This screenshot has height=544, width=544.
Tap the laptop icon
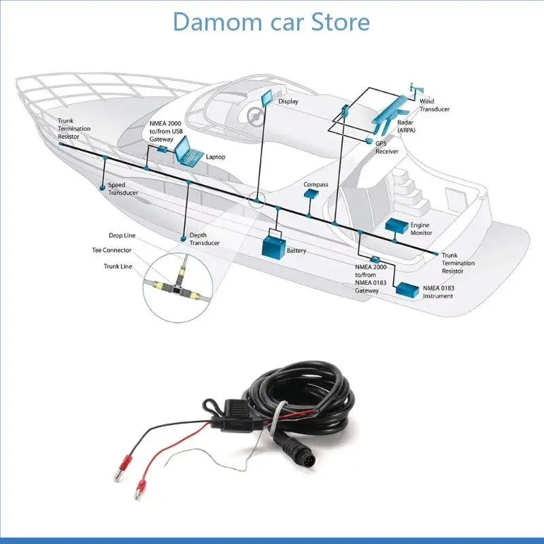click(x=188, y=152)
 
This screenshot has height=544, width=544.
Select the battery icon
click(x=275, y=244)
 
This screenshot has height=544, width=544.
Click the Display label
click(x=288, y=101)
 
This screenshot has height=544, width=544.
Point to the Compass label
click(x=316, y=184)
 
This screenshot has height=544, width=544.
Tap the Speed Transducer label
click(x=122, y=189)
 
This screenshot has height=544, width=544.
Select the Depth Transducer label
click(x=204, y=239)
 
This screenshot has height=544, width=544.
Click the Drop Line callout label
click(x=122, y=235)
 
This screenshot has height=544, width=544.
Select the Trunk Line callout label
click(x=118, y=267)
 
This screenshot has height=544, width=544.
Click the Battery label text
click(x=296, y=251)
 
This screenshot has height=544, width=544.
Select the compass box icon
click(x=311, y=194)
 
